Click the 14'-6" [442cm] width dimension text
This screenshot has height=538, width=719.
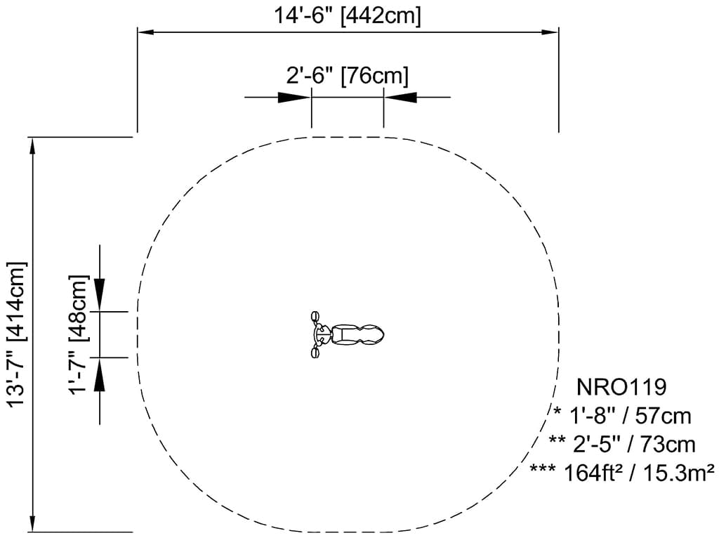click(347, 15)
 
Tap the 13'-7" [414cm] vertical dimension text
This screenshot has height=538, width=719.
click(17, 334)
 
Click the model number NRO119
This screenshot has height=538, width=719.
click(621, 388)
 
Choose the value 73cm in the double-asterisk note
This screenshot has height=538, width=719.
click(668, 445)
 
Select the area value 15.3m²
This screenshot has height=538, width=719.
click(679, 473)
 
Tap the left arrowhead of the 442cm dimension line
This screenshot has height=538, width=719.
click(145, 32)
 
